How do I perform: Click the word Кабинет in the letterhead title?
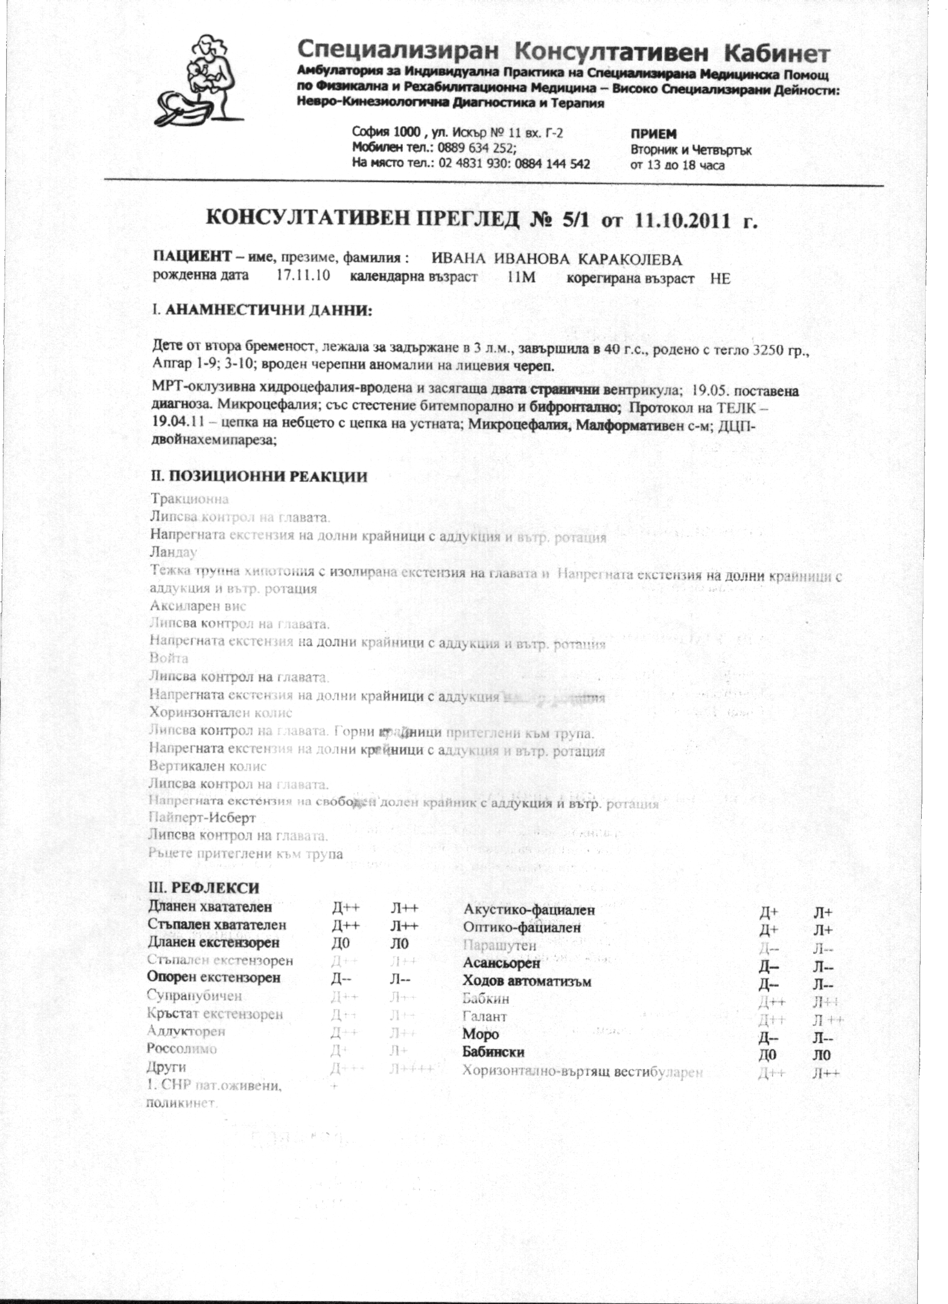point(776,54)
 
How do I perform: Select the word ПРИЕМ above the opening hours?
point(654,134)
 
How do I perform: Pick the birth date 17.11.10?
point(303,276)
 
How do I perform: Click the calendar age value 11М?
point(521,278)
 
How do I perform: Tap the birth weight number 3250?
point(768,350)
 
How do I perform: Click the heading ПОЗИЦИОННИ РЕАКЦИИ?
point(268,477)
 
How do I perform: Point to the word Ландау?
point(173,553)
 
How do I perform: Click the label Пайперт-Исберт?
point(202,818)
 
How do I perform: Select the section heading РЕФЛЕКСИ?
point(215,888)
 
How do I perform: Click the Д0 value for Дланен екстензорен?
point(341,944)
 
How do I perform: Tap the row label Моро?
point(481,1035)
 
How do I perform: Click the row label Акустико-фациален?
point(529,910)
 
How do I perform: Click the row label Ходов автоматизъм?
point(526,982)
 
